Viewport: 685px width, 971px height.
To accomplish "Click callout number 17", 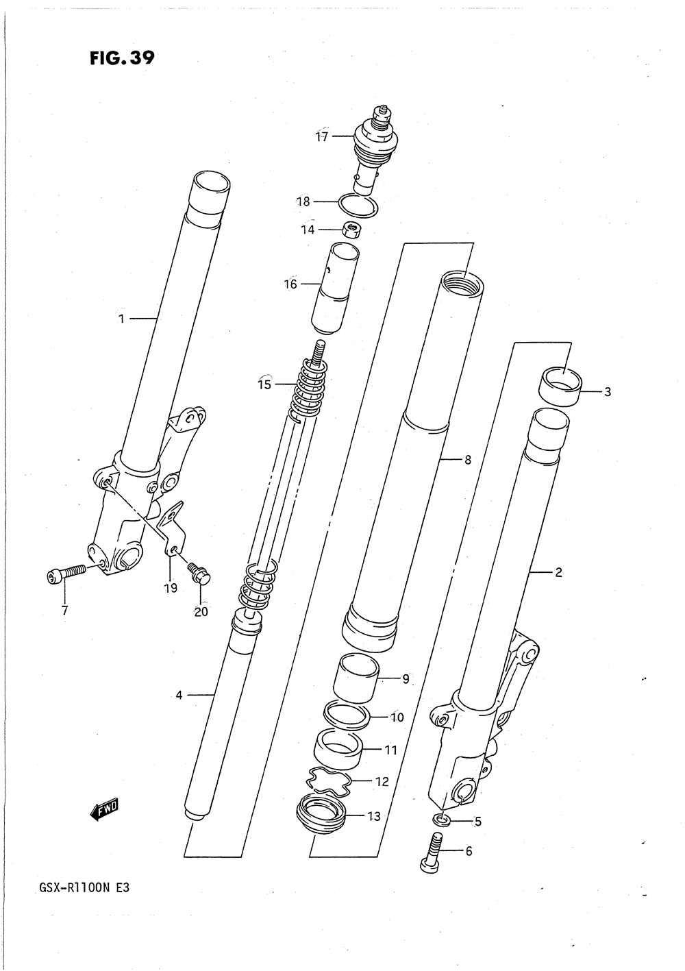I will pos(322,136).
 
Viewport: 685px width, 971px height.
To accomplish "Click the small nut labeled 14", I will pos(351,231).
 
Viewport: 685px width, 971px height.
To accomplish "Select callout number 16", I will pos(290,284).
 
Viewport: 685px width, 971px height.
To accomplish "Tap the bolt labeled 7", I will pos(64,571).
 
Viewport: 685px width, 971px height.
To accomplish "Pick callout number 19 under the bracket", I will pos(170,588).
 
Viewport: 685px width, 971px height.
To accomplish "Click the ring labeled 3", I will pos(561,387).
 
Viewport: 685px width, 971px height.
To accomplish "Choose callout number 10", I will pos(397,717).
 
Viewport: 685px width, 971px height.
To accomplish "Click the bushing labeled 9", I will pos(356,676).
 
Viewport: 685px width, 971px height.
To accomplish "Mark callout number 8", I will pos(467,460).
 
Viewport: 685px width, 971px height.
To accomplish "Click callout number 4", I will pos(179,696).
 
